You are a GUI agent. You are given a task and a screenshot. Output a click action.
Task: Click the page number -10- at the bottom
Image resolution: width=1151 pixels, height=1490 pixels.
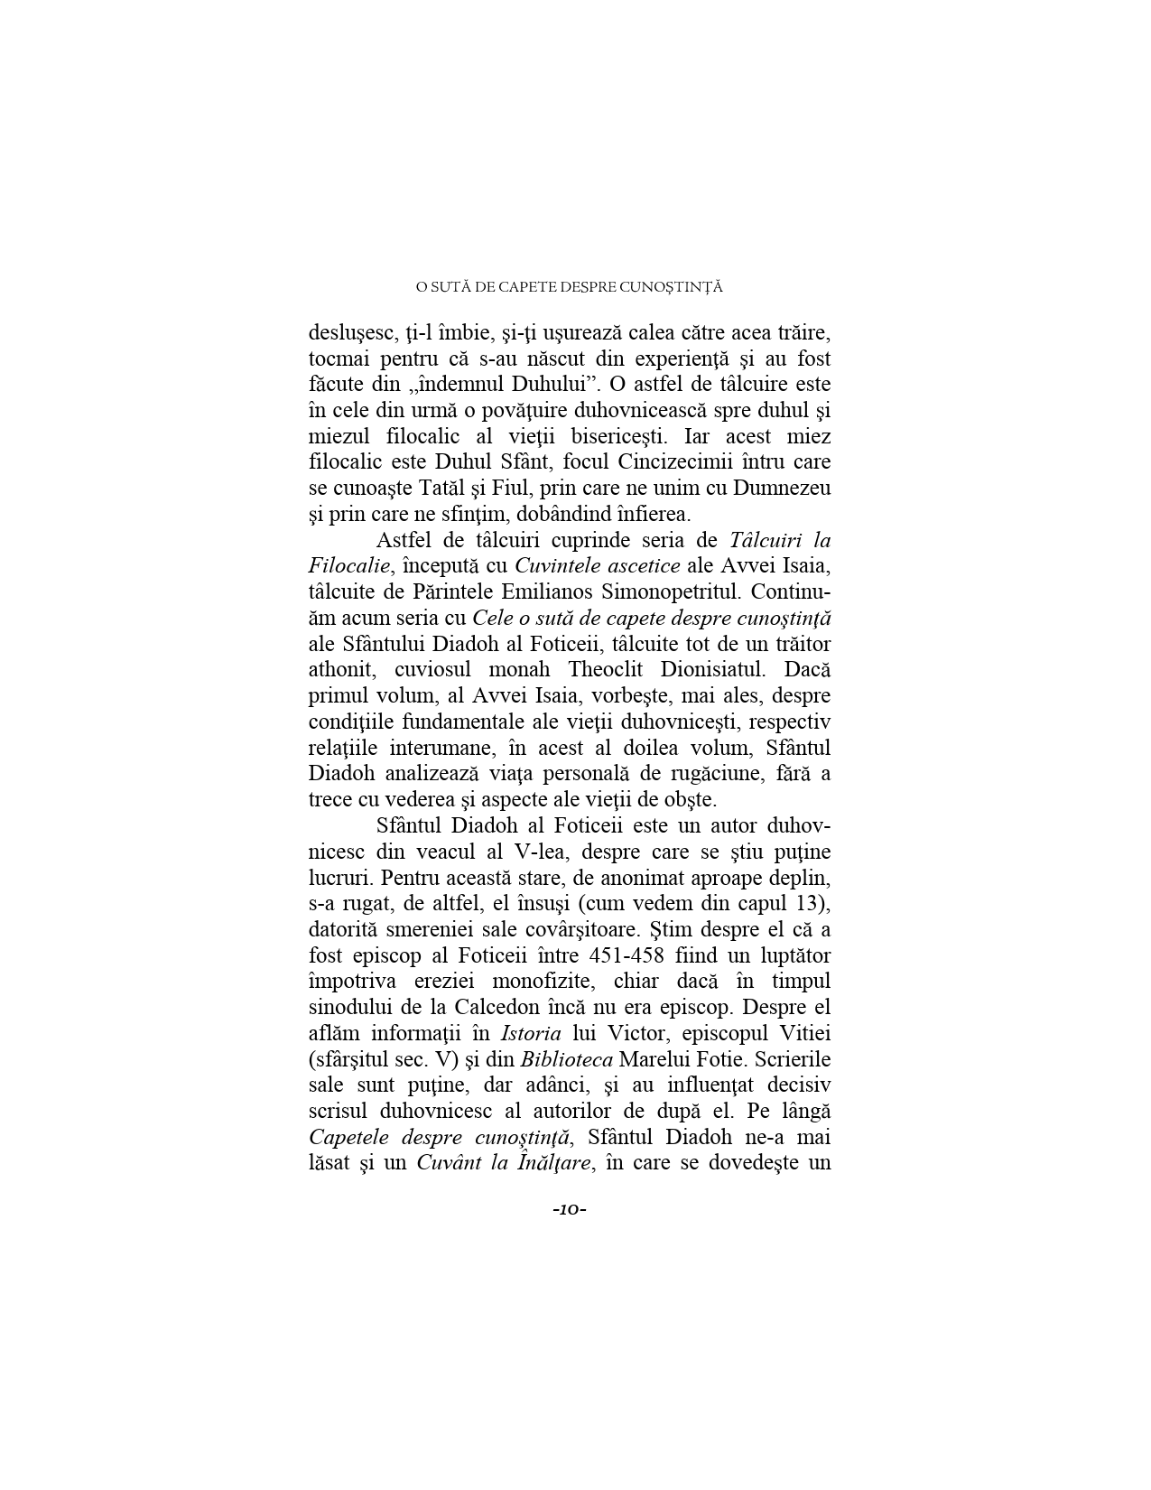click(x=570, y=1209)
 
